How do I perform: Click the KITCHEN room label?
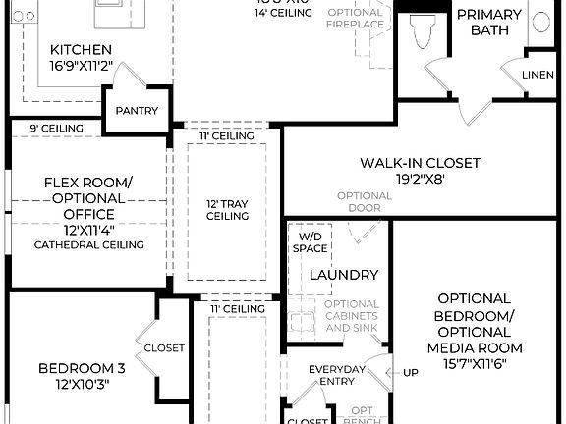click(81, 49)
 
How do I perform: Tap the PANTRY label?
click(136, 111)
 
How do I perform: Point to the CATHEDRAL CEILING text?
click(88, 244)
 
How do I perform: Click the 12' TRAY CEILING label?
click(226, 209)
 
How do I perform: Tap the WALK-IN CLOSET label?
click(419, 163)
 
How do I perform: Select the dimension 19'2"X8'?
click(419, 180)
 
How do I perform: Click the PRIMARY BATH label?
click(489, 23)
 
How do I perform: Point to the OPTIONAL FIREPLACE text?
click(355, 19)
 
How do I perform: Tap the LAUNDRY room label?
click(344, 275)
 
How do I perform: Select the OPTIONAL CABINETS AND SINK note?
click(351, 316)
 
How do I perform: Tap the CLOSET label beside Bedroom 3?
click(164, 347)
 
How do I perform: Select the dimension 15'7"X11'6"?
click(474, 364)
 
